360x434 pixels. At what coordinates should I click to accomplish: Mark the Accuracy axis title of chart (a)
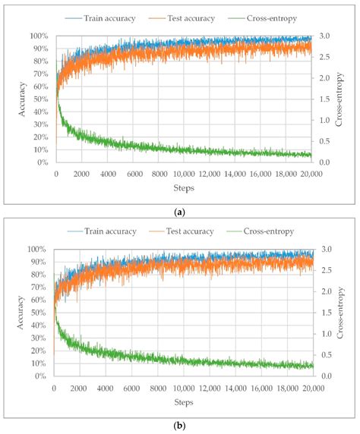tap(14, 99)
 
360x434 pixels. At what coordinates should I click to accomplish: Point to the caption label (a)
tap(180, 213)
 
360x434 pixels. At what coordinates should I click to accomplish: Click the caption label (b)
tap(180, 426)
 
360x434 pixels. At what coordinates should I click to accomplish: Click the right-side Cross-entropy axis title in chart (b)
tap(343, 312)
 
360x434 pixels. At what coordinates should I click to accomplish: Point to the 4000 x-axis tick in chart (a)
tap(107, 174)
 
